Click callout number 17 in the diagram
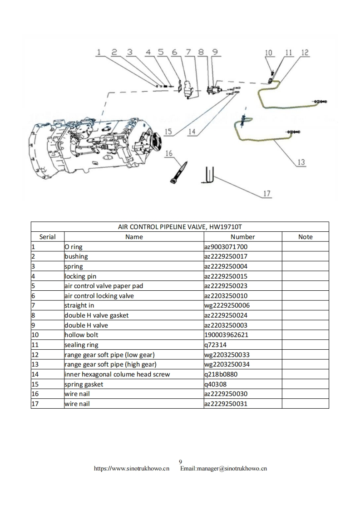pyautogui.click(x=267, y=194)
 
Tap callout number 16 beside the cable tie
pyautogui.click(x=169, y=153)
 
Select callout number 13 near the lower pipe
pyautogui.click(x=301, y=162)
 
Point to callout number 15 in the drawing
pyautogui.click(x=168, y=132)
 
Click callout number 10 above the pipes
pyautogui.click(x=268, y=53)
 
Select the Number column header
pyautogui.click(x=242, y=237)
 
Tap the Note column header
pyautogui.click(x=305, y=237)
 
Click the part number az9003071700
pyautogui.click(x=226, y=247)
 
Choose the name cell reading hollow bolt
pyautogui.click(x=81, y=335)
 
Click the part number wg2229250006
pyautogui.click(x=227, y=305)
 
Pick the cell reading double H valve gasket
pyautogui.click(x=96, y=315)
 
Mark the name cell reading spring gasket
pyautogui.click(x=84, y=384)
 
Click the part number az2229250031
pyautogui.click(x=226, y=404)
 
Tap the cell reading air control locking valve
pyautogui.click(x=99, y=296)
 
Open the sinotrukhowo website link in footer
pyautogui.click(x=132, y=468)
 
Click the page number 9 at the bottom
pyautogui.click(x=180, y=462)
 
